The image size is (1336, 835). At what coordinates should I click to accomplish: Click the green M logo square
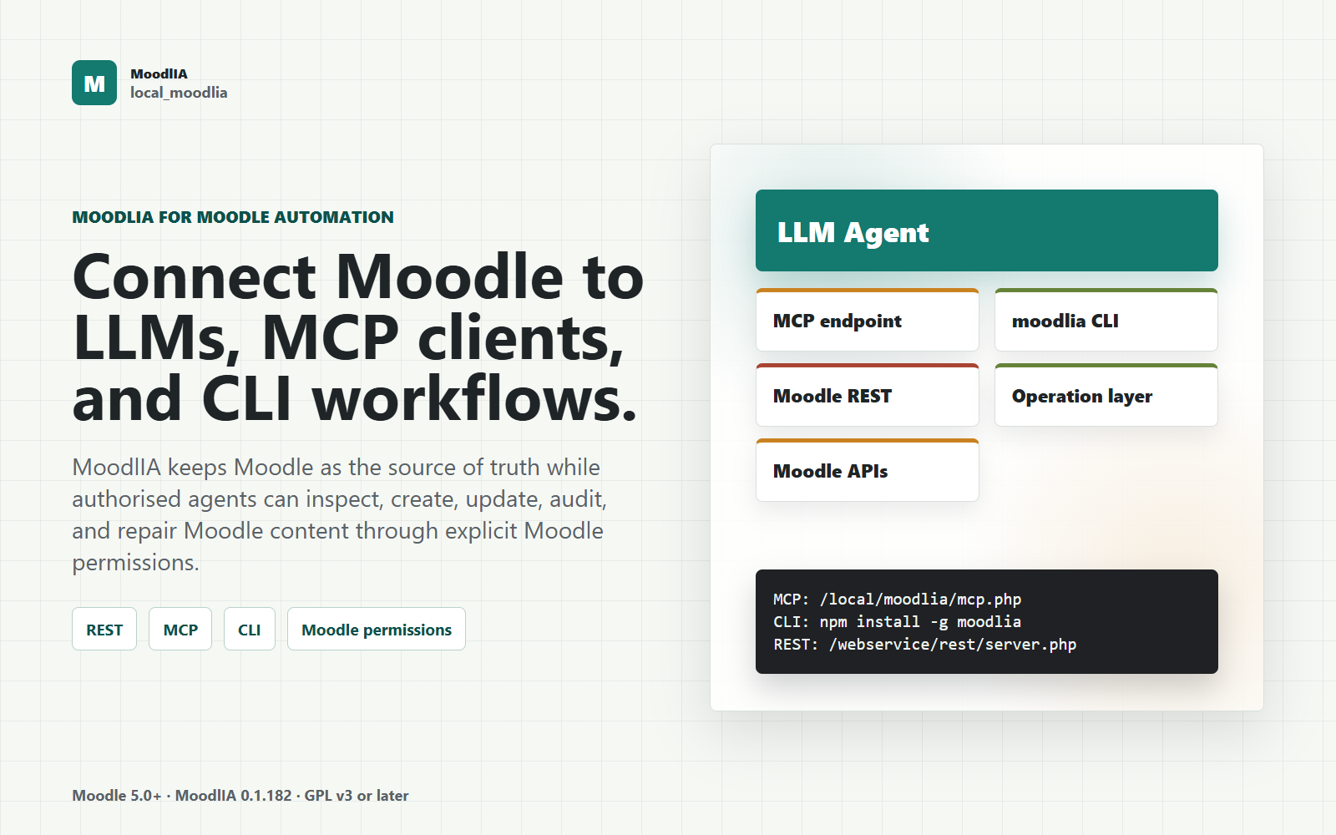click(x=94, y=83)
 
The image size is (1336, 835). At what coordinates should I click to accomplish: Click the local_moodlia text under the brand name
click(x=179, y=93)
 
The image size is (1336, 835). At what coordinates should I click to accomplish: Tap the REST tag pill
click(x=104, y=630)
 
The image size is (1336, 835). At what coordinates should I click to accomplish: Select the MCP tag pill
click(x=180, y=630)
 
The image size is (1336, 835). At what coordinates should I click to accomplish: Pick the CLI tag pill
click(x=250, y=630)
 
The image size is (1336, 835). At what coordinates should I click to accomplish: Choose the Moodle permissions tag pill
click(x=377, y=630)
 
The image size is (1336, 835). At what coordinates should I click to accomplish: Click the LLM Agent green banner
click(x=986, y=230)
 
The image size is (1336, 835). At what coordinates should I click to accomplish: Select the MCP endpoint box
click(x=868, y=321)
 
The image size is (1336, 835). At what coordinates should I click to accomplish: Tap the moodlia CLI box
click(x=1106, y=321)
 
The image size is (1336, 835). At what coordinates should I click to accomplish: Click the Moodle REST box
click(x=868, y=396)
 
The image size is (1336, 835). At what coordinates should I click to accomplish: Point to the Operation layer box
click(x=1106, y=396)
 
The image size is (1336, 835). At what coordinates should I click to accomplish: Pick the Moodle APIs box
click(x=868, y=471)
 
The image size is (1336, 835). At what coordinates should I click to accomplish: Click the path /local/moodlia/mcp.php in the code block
click(x=920, y=600)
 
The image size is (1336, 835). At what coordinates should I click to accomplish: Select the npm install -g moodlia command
click(x=920, y=622)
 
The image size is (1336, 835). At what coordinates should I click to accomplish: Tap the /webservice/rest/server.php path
click(x=953, y=645)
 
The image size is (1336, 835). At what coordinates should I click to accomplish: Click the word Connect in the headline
click(x=194, y=277)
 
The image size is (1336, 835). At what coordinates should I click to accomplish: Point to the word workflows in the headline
click(x=475, y=397)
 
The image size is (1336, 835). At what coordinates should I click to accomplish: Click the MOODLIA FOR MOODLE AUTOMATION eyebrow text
click(x=233, y=217)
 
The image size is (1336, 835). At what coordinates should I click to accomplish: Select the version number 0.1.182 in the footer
click(x=266, y=796)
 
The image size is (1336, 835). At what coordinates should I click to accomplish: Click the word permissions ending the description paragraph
click(x=135, y=563)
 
